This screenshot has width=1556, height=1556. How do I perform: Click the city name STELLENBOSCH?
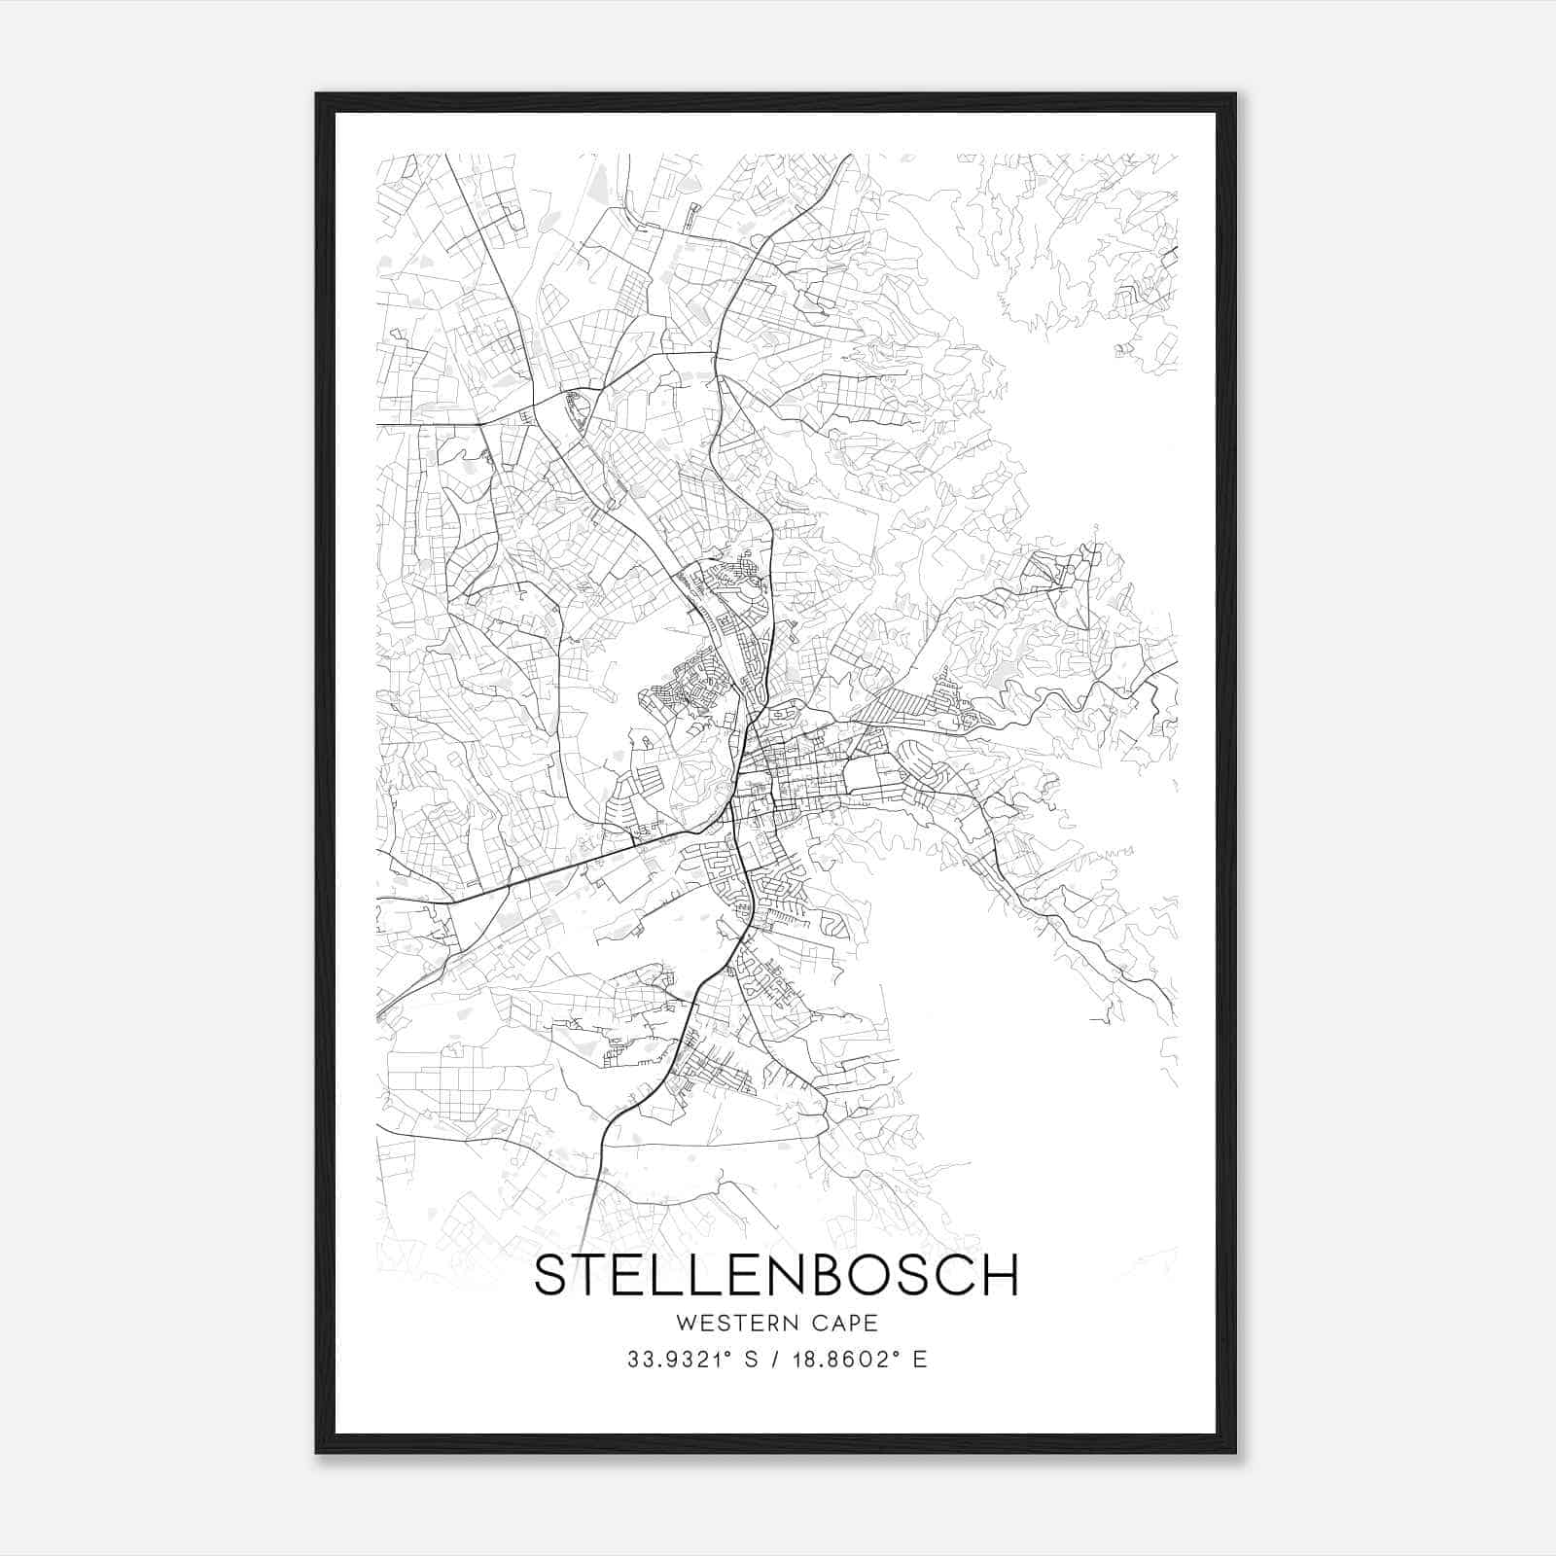[x=776, y=1275]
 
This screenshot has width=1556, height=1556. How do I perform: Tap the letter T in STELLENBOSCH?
[x=592, y=1275]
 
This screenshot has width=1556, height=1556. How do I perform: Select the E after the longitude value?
[x=919, y=1360]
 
